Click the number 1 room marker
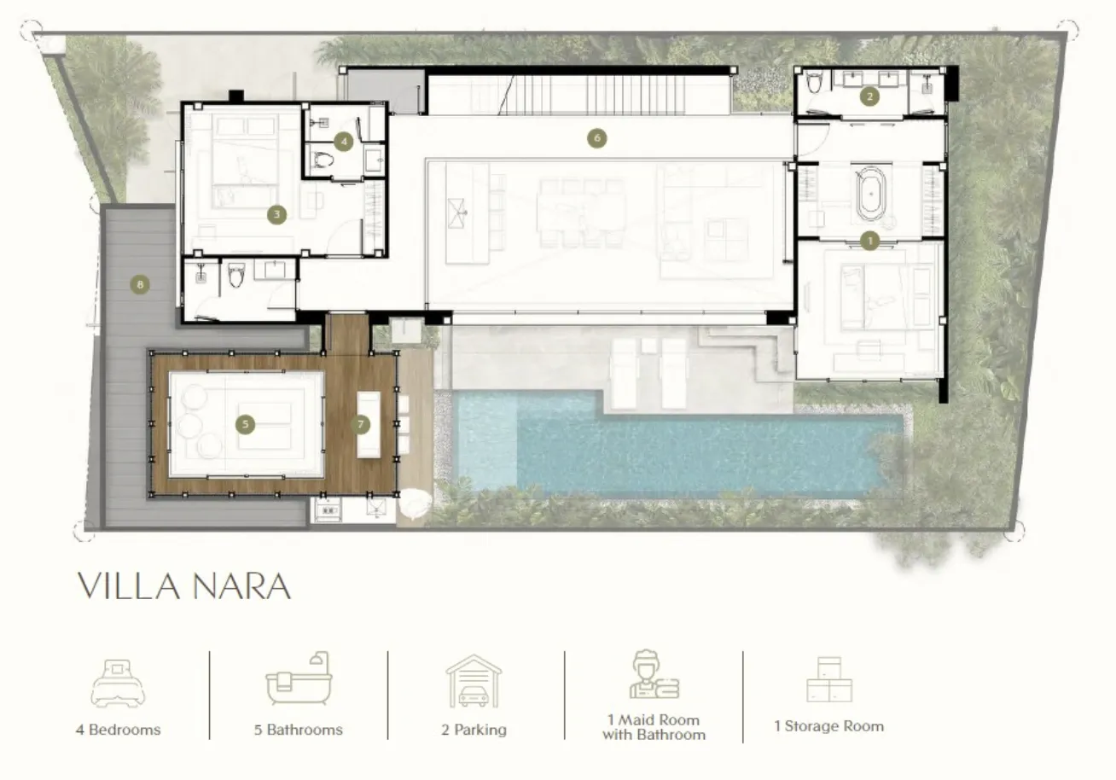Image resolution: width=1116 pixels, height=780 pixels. [x=870, y=242]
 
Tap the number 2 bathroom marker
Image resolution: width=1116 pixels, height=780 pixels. [x=870, y=96]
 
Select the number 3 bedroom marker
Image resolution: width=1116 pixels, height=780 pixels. [x=276, y=215]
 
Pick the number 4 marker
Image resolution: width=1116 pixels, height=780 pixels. [x=344, y=142]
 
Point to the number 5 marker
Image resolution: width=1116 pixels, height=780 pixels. [x=245, y=425]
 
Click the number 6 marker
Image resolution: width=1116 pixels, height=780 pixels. [x=597, y=138]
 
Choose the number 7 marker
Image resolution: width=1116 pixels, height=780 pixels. [x=361, y=425]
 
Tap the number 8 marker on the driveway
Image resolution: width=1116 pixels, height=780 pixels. [x=140, y=284]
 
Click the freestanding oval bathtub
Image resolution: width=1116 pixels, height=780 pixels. [x=871, y=194]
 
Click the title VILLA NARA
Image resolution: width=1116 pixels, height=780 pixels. [x=184, y=586]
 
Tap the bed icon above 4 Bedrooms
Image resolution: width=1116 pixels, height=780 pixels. [x=118, y=684]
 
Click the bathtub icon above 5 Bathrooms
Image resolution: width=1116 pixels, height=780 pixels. [x=299, y=678]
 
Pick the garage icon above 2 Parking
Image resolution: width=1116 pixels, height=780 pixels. [x=474, y=681]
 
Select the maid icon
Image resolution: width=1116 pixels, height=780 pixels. [x=654, y=674]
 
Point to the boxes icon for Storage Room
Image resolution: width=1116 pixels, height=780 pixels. [x=829, y=679]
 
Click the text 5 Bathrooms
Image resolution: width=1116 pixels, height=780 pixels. [x=299, y=731]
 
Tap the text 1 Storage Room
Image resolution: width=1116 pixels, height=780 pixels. [x=829, y=726]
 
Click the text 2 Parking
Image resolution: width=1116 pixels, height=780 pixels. [x=474, y=731]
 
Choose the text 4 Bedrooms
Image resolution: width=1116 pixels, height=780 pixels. [x=118, y=731]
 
